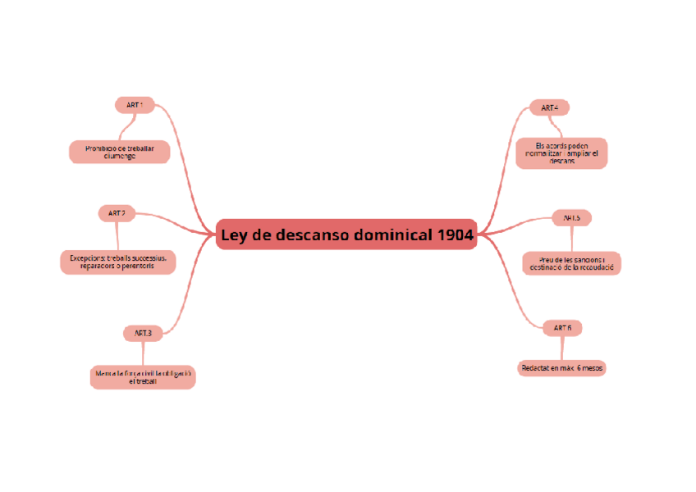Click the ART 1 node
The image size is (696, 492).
coord(134,105)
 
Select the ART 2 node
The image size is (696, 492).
coord(116,213)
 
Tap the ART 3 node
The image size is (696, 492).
coord(143,333)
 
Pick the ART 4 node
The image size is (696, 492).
coord(549,107)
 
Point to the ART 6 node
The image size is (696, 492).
coord(562,328)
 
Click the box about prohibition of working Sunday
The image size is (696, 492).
coord(119,152)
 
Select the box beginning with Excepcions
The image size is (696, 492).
coord(117,262)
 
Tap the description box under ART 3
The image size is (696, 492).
coord(142,377)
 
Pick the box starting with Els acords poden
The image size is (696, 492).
coord(561,153)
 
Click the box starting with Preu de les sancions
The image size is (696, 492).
coord(571,262)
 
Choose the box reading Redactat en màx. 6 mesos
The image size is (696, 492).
coord(562,368)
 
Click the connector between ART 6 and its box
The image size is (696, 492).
coord(562,348)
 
